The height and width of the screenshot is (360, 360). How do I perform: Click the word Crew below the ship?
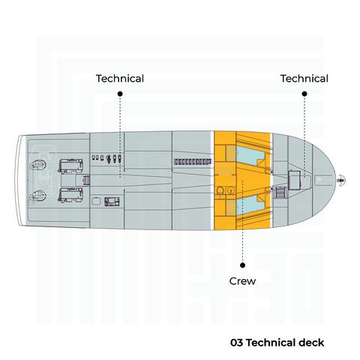242,281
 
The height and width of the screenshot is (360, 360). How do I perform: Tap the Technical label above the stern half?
120,79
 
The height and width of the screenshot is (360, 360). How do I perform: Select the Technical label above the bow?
304,79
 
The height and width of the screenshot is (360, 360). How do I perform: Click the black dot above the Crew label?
242,265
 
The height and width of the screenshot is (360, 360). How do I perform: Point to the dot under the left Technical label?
120,94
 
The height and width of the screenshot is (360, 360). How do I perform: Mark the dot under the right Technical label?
304,94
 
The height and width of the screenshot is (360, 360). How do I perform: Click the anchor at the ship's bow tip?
341,180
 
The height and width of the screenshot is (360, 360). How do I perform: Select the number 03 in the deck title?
236,343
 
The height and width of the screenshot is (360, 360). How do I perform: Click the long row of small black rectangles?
193,162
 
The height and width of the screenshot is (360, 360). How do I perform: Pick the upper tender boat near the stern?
70,165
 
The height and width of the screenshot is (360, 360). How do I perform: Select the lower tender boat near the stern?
70,195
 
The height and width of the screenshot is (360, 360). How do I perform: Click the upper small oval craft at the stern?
38,165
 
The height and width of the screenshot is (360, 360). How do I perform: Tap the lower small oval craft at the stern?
38,196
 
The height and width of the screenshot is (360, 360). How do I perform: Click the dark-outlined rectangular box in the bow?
294,180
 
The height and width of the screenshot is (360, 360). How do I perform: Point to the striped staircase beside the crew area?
280,193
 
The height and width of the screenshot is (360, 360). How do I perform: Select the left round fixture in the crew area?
220,191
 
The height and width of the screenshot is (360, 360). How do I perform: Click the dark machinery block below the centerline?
112,202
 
